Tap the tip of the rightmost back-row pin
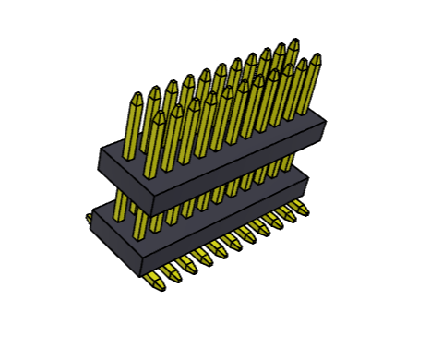[293, 42]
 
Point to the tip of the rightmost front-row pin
[316, 57]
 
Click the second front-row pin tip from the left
[176, 109]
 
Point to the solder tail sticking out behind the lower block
[89, 220]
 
